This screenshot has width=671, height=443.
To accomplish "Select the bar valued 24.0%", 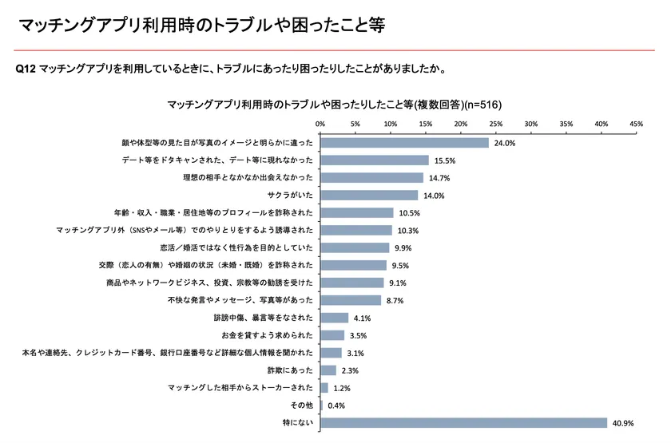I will (404, 143).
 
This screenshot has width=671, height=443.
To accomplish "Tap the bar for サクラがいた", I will (369, 196).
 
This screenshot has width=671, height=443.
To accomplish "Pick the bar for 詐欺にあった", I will (328, 370).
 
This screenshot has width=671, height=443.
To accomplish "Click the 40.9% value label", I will (623, 423).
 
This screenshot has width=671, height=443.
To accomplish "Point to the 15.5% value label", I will (444, 160).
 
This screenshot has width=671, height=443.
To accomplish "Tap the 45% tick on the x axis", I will (637, 125).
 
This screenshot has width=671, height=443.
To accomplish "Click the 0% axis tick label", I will (320, 125).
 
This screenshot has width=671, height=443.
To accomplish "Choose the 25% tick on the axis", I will (496, 125).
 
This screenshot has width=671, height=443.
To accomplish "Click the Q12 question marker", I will (26, 68).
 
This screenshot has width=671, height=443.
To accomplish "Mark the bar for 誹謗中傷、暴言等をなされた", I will (335, 318).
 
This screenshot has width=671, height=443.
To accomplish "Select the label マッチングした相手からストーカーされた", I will (237, 388).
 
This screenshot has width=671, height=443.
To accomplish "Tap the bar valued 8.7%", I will (351, 300).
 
